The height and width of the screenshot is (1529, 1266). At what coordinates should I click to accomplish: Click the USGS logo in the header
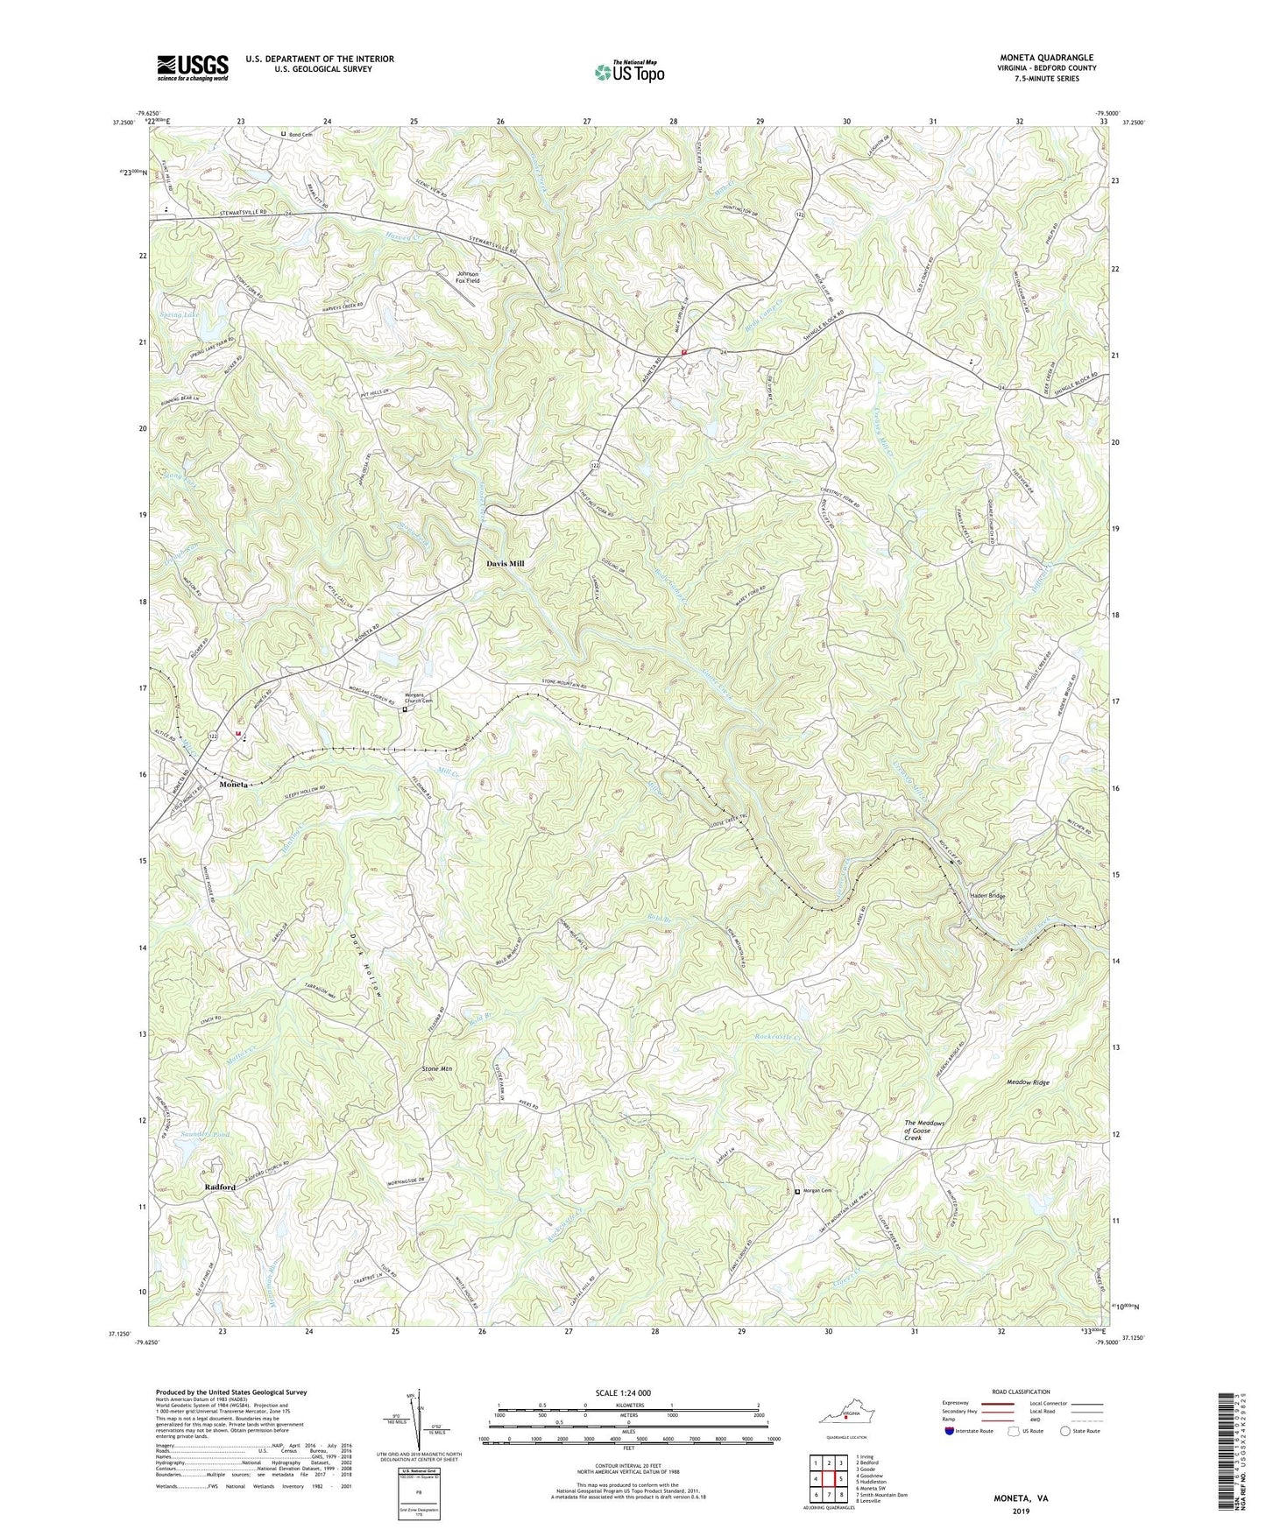193,67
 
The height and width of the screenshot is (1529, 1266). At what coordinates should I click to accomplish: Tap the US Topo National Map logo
628,71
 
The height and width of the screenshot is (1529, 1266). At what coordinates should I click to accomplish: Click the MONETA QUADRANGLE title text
1040,58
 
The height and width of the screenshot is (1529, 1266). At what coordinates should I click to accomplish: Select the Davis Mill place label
505,564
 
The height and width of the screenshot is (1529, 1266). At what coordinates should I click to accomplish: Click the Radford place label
220,1187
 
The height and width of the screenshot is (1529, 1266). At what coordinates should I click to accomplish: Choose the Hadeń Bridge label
987,896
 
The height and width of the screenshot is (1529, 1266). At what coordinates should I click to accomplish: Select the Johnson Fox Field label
468,278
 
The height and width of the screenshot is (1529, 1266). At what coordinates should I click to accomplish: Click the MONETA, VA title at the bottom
1017,1498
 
